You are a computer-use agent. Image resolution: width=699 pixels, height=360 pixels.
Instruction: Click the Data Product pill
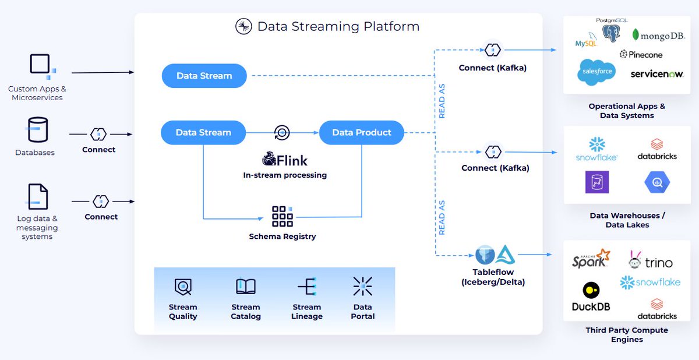coord(361,133)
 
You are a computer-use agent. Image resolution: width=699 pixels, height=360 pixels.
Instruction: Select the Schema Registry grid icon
coord(283,216)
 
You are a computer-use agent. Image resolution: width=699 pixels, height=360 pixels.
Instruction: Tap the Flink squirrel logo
coord(269,159)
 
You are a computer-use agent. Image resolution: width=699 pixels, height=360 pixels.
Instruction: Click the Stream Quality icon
coord(183,287)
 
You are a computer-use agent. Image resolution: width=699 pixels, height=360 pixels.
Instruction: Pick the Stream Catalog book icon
coord(246,286)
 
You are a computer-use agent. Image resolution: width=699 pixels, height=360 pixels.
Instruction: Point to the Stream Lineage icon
coord(308,286)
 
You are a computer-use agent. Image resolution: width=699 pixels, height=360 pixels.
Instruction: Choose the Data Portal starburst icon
coord(362,286)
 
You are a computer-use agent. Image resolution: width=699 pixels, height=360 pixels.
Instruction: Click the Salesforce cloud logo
coord(597,72)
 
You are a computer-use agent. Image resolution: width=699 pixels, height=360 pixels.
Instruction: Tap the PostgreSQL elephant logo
coord(611,33)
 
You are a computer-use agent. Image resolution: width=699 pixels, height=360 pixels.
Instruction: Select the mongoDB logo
coord(658,36)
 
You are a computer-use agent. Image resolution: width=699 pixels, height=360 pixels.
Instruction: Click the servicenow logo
coord(657,74)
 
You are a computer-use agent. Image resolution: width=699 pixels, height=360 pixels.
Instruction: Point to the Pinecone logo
coord(641,55)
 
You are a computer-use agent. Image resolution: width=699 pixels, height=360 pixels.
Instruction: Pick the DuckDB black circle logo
coord(591,290)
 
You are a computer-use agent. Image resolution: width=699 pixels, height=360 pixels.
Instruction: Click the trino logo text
coord(659,263)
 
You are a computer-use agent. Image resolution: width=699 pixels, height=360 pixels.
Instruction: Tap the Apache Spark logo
coord(591,259)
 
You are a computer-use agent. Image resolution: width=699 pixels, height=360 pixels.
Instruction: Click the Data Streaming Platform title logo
coord(243,26)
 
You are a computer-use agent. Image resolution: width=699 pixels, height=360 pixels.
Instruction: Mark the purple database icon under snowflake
coord(597,182)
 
